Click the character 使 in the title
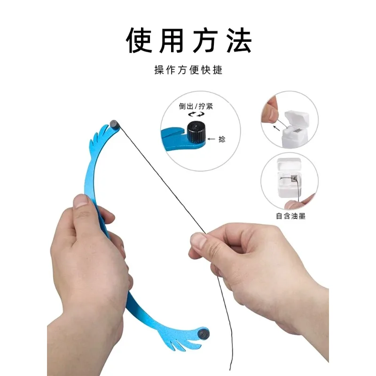140,40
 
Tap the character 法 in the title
239,40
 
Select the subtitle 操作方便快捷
188,70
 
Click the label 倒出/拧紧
196,106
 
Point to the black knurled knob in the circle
196,131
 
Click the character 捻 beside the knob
222,139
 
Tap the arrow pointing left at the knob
211,139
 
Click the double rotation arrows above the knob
196,114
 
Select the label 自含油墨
290,216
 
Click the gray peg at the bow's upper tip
114,124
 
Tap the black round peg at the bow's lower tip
204,334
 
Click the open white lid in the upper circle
297,119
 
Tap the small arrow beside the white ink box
276,128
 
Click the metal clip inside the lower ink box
294,179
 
